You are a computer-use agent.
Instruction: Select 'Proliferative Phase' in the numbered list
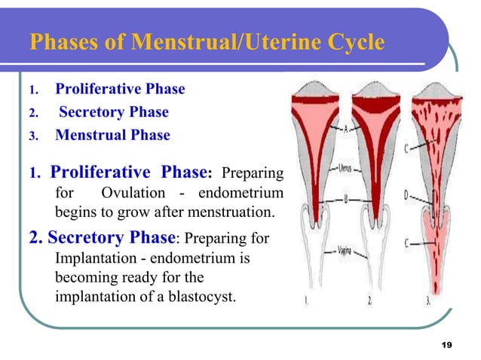[x=120, y=89]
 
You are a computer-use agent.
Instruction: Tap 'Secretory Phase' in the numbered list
[x=114, y=112]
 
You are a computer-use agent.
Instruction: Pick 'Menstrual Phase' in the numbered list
[x=113, y=136]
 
